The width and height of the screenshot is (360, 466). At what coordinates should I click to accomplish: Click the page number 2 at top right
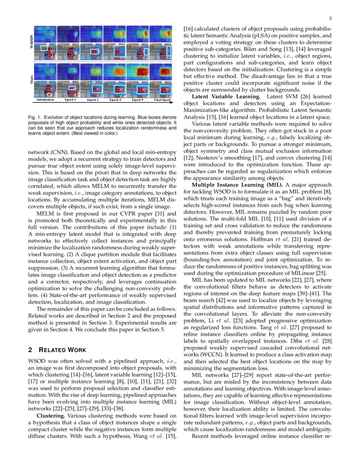pyautogui.click(x=330, y=18)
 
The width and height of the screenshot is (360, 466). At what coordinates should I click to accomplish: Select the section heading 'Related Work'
pyautogui.click(x=61, y=350)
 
